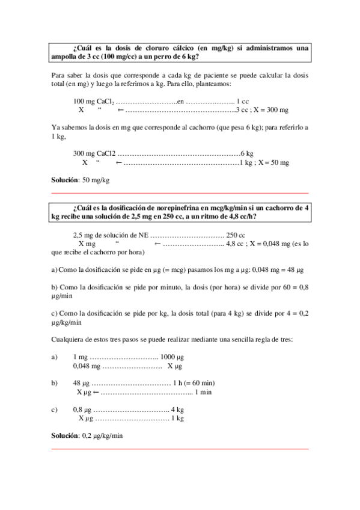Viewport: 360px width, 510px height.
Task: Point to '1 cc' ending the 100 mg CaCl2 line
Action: pyautogui.click(x=243, y=101)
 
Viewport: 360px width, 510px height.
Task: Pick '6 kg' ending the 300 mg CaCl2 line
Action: pyautogui.click(x=246, y=153)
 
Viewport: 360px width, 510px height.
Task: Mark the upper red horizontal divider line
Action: pyautogui.click(x=180, y=193)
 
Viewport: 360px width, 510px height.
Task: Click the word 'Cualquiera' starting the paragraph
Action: pyautogui.click(x=67, y=340)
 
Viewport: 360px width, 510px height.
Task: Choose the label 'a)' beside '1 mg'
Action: pyautogui.click(x=55, y=357)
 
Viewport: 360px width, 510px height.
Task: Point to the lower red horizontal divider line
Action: pyautogui.click(x=180, y=448)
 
